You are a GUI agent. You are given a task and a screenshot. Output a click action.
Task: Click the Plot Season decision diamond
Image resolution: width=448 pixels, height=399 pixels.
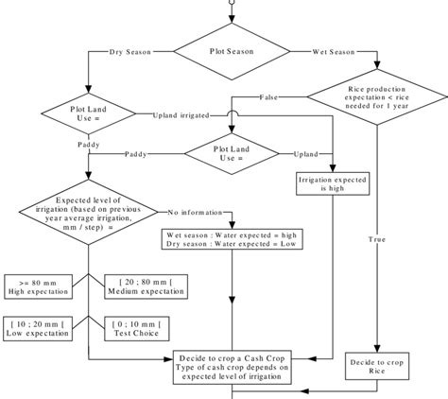click(230, 50)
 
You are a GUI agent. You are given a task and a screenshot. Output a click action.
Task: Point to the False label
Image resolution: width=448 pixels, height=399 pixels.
click(268, 97)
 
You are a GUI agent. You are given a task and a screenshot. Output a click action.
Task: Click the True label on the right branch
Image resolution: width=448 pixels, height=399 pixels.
click(376, 240)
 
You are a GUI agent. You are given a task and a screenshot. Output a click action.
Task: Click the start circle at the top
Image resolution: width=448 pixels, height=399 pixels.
click(230, 3)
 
